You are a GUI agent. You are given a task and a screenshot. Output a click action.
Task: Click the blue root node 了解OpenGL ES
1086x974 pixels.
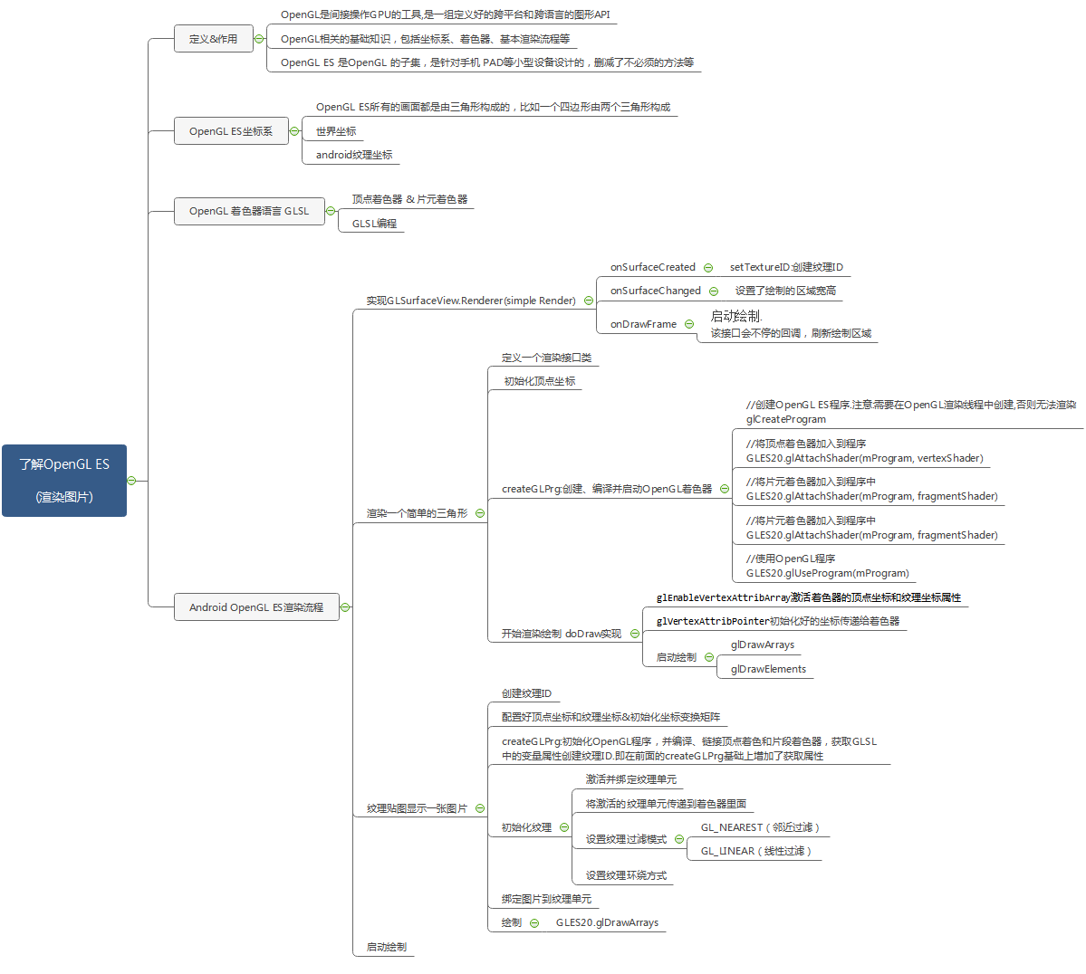pyautogui.click(x=63, y=480)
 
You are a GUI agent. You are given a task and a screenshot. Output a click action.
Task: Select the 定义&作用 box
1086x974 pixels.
pyautogui.click(x=213, y=39)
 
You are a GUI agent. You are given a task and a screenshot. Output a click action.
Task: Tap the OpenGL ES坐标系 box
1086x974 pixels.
pyautogui.click(x=231, y=131)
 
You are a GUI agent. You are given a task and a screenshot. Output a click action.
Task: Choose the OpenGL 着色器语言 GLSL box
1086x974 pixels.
pyautogui.click(x=249, y=211)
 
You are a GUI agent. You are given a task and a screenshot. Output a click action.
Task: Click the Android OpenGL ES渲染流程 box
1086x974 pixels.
pyautogui.click(x=256, y=607)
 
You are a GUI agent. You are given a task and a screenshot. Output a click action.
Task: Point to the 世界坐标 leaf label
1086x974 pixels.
pyautogui.click(x=336, y=131)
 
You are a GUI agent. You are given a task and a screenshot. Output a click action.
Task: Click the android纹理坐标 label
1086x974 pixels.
pyautogui.click(x=354, y=155)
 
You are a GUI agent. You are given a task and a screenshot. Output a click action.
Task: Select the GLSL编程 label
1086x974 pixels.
pyautogui.click(x=374, y=224)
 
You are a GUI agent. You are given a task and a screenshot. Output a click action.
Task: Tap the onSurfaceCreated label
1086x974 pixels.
pyautogui.click(x=653, y=267)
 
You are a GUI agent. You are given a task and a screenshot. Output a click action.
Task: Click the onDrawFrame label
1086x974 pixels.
pyautogui.click(x=643, y=324)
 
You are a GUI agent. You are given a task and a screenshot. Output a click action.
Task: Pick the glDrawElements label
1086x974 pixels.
pyautogui.click(x=768, y=669)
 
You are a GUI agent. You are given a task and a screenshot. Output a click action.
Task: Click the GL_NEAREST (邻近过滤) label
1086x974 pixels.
pyautogui.click(x=760, y=827)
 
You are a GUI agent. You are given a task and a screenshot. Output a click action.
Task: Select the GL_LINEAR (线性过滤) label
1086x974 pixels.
pyautogui.click(x=755, y=851)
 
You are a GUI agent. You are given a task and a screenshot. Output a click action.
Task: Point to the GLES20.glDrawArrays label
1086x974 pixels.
pyautogui.click(x=607, y=922)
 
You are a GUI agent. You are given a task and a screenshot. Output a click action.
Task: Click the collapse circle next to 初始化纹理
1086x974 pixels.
pyautogui.click(x=564, y=827)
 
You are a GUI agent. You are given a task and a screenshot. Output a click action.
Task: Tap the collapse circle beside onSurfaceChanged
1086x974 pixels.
pyautogui.click(x=714, y=291)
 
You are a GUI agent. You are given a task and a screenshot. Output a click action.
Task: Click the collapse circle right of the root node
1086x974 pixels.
pyautogui.click(x=131, y=481)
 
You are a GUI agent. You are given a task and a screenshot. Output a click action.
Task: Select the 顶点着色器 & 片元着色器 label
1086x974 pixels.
pyautogui.click(x=409, y=199)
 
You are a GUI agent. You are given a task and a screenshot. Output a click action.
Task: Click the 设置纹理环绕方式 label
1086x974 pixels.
pyautogui.click(x=626, y=875)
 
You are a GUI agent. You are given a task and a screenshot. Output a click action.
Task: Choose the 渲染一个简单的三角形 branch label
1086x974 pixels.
pyautogui.click(x=417, y=513)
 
